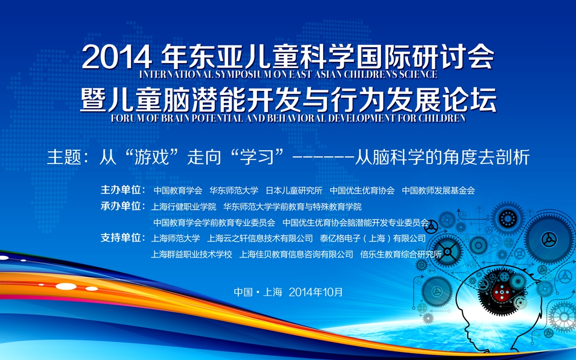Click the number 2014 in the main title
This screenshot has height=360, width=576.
pos(117,57)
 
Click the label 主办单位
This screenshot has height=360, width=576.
pos(121,190)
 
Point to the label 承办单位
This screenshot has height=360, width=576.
pos(121,206)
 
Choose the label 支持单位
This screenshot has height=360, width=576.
pos(121,238)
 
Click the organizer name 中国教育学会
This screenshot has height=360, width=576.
pos(178,190)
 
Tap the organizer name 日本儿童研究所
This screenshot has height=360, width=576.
pos(294,190)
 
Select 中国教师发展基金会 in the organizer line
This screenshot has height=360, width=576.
pos(438,190)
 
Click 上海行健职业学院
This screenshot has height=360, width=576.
pos(184,207)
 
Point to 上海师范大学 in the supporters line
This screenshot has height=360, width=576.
pos(176,239)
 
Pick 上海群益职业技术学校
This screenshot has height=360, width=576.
pos(191,254)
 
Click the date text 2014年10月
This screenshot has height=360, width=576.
pos(315,292)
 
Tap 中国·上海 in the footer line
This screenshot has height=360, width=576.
pos(258,292)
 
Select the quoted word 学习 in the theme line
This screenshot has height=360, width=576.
pos(257,157)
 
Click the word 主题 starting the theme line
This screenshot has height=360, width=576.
pos(64,157)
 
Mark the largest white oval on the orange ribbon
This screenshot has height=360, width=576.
pos(66,286)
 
